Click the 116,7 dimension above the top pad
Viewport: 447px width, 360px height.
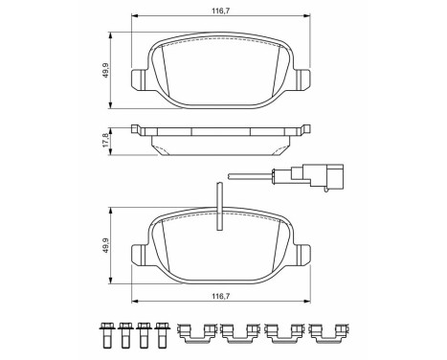coord(219,12)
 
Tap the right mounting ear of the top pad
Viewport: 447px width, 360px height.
coord(303,79)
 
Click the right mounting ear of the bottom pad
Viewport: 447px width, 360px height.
coord(303,256)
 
